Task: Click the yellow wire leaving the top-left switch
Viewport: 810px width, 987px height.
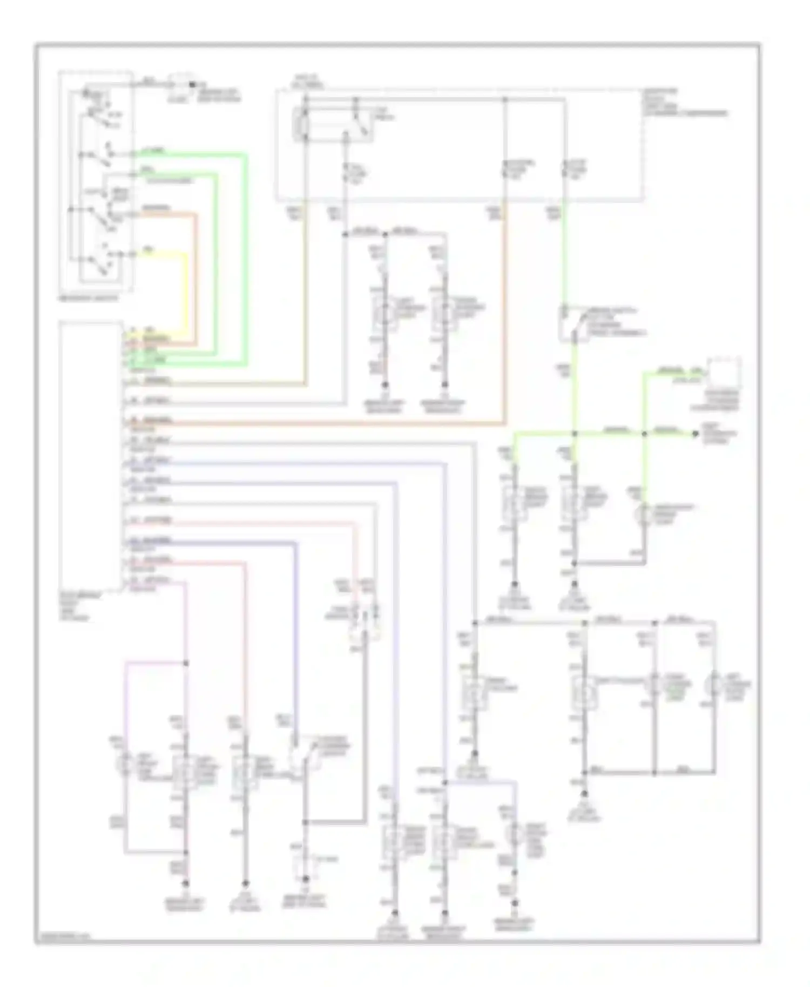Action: tap(186, 292)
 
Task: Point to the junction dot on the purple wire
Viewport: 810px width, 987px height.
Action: tap(186, 662)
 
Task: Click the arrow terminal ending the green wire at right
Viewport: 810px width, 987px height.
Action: tap(696, 434)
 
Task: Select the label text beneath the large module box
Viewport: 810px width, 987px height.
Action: tap(73, 607)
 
